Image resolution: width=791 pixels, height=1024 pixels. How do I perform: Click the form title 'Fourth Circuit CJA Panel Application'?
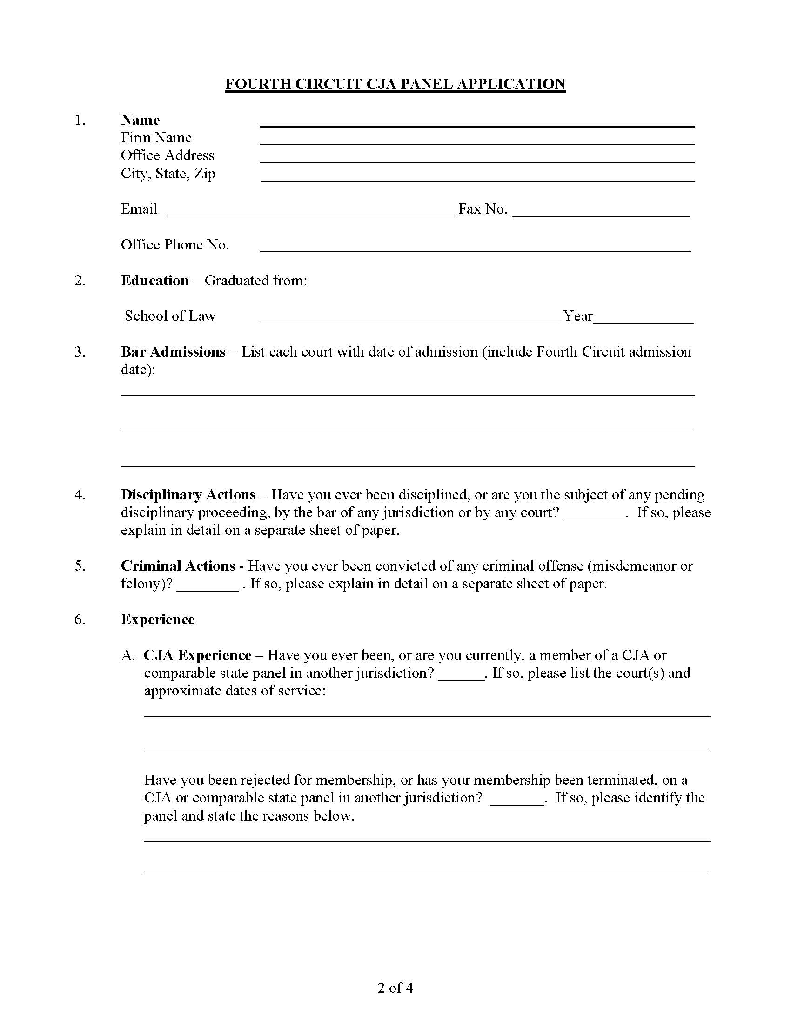coord(395,84)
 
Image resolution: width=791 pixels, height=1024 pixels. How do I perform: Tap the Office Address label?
coord(168,155)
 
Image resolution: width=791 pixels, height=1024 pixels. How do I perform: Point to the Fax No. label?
coord(482,209)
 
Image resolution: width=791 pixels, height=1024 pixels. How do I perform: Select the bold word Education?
coord(154,280)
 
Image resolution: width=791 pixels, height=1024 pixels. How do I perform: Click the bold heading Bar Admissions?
coord(173,351)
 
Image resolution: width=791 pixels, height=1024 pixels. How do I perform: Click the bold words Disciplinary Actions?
coord(188,495)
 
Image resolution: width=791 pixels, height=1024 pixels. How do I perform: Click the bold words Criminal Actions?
coord(178,566)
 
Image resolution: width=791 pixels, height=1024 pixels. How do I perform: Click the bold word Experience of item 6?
coord(157,620)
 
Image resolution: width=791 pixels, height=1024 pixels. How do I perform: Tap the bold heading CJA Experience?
coord(197,655)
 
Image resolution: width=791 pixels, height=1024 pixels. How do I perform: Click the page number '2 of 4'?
coord(395,988)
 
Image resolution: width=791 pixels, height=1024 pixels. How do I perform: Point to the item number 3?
coord(80,351)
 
